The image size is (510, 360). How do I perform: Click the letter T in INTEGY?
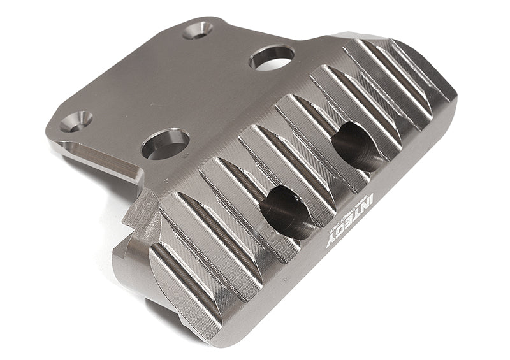tap(360, 217)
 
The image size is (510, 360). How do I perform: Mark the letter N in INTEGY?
tap(368, 209)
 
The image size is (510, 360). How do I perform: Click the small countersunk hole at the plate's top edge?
tap(198, 29)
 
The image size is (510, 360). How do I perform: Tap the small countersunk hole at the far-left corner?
tap(77, 119)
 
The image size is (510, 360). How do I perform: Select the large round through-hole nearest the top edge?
tap(272, 57)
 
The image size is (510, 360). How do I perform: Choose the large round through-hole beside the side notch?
tap(165, 143)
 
